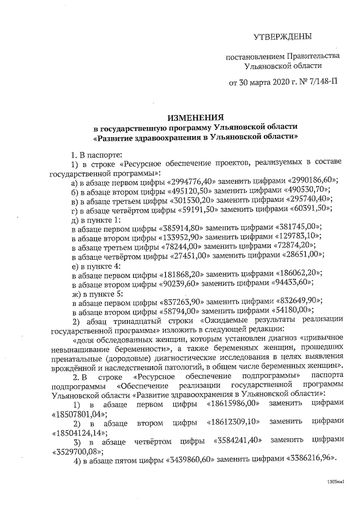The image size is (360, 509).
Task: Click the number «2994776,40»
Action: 192,180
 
